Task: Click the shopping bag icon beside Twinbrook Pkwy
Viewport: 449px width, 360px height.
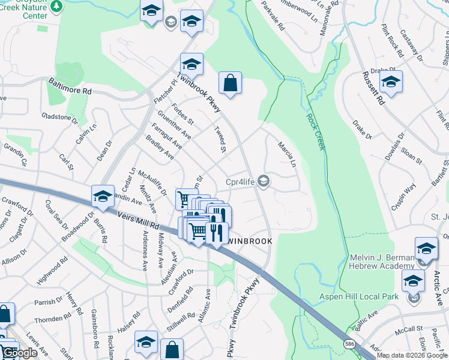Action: pos(230,83)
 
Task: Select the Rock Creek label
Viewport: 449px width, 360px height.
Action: pos(315,132)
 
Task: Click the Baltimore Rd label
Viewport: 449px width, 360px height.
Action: pos(70,88)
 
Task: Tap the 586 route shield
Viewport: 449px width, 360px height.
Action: pos(349,344)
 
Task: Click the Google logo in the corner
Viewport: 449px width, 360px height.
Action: pos(20,353)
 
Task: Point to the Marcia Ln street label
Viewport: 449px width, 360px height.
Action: pos(286,154)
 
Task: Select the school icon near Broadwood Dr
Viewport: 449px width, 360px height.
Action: pos(103,196)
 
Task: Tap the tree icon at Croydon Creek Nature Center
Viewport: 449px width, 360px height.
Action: pos(57,6)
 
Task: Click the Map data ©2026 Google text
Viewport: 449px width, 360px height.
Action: pos(412,355)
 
